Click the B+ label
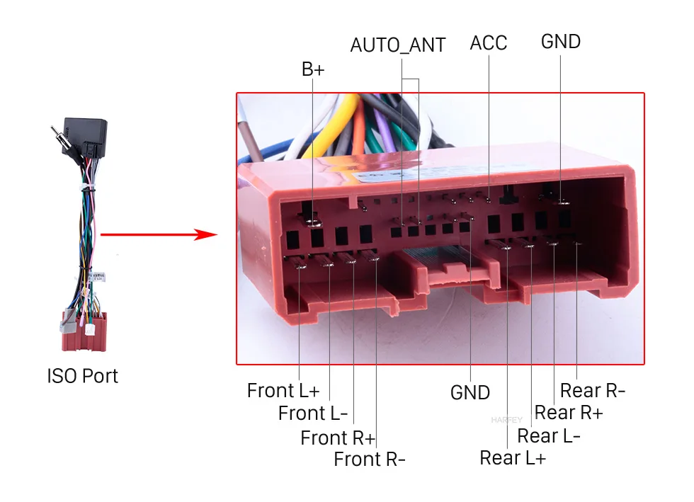tap(313, 69)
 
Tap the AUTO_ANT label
tap(398, 45)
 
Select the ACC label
tap(489, 43)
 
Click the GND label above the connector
tap(561, 42)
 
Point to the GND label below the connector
tap(470, 392)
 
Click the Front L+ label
tap(283, 390)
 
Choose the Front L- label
tap(313, 413)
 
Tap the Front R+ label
tap(338, 438)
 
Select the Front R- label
tap(370, 460)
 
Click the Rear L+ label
tap(513, 458)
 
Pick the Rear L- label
tap(549, 435)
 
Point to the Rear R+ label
tap(568, 412)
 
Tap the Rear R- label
tap(593, 390)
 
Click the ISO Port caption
tap(83, 375)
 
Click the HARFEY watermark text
tap(505, 420)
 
